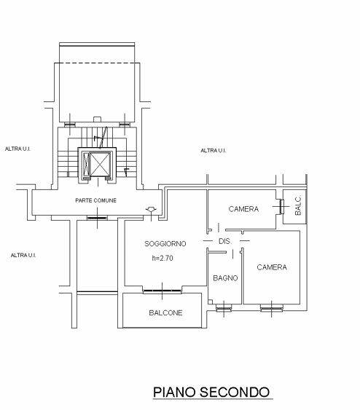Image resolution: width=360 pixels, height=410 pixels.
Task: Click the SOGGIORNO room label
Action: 165,244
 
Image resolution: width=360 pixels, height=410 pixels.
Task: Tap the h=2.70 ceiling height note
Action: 163,258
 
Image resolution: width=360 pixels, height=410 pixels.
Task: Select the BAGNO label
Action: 225,278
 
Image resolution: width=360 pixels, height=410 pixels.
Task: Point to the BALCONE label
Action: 165,312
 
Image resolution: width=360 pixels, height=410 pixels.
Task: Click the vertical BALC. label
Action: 298,206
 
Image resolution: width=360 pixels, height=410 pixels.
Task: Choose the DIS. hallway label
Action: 225,241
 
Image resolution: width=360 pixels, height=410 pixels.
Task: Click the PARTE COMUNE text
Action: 95,200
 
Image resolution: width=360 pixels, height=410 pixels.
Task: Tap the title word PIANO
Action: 174,393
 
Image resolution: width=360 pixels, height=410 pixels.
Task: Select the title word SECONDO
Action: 235,393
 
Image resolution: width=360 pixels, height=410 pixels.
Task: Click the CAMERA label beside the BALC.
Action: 243,209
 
